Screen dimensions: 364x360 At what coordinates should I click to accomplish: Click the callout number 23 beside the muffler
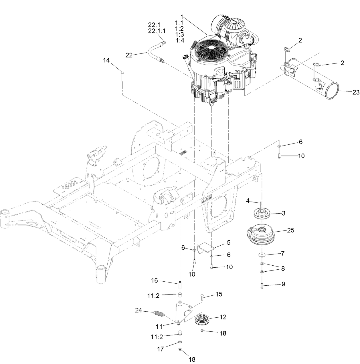point(355,92)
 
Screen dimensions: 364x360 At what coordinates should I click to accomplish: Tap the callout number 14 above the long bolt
point(106,60)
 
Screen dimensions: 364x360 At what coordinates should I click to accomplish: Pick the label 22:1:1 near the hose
point(157,31)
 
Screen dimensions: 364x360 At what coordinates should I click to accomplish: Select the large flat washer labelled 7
point(262,254)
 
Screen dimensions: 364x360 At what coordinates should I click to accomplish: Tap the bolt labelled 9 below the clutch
point(262,285)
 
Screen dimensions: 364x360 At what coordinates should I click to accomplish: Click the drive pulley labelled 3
point(261,213)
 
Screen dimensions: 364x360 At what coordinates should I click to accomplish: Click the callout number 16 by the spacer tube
point(155,281)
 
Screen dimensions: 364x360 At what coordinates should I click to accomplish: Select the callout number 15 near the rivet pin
point(218,294)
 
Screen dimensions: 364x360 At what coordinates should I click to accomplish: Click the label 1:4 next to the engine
point(180,41)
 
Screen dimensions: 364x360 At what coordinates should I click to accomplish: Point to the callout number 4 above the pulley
point(248,201)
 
